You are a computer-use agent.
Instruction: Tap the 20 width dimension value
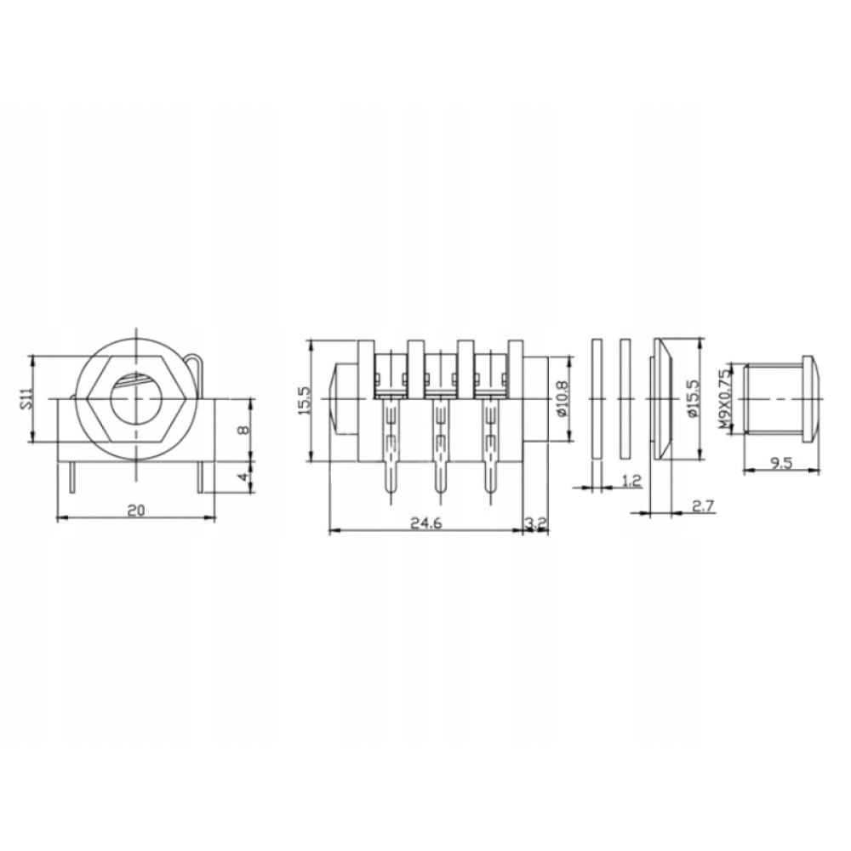[135, 511]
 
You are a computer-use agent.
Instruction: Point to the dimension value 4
[244, 477]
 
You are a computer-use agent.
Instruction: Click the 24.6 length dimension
[426, 523]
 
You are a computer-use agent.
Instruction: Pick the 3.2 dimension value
[536, 523]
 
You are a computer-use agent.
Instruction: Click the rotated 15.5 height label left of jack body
[304, 401]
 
